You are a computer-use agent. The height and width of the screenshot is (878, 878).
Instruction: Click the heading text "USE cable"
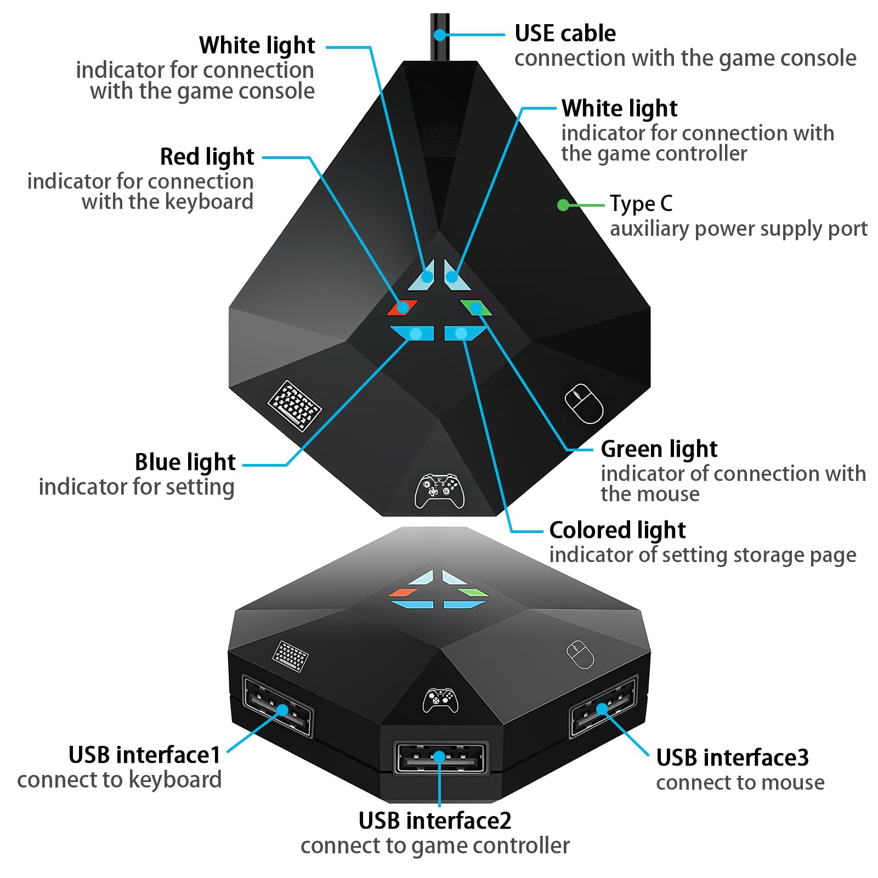565,33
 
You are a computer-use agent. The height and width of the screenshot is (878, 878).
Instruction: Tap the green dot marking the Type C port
563,205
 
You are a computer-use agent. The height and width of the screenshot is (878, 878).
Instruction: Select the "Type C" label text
641,204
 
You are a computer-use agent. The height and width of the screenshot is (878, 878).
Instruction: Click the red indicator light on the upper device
402,308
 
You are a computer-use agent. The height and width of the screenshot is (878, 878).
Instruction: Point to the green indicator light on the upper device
476,308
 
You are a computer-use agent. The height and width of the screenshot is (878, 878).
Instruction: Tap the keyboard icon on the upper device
294,406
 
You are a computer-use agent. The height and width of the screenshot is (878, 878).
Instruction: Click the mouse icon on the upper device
584,404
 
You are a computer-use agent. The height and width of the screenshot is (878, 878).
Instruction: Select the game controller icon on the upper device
439,491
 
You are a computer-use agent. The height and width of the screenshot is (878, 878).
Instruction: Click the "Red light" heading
207,157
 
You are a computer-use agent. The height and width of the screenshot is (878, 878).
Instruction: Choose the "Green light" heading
659,449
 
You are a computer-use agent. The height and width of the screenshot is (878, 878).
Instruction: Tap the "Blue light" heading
185,462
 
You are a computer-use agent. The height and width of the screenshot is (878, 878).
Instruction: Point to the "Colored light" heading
617,530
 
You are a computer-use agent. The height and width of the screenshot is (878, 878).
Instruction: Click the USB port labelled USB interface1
277,707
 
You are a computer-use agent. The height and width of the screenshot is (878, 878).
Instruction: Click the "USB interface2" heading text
435,821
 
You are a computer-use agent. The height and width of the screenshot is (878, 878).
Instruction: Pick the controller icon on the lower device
440,700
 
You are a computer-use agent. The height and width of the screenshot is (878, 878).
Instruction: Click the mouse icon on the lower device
580,654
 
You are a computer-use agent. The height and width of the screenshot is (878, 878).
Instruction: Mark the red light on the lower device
403,592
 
